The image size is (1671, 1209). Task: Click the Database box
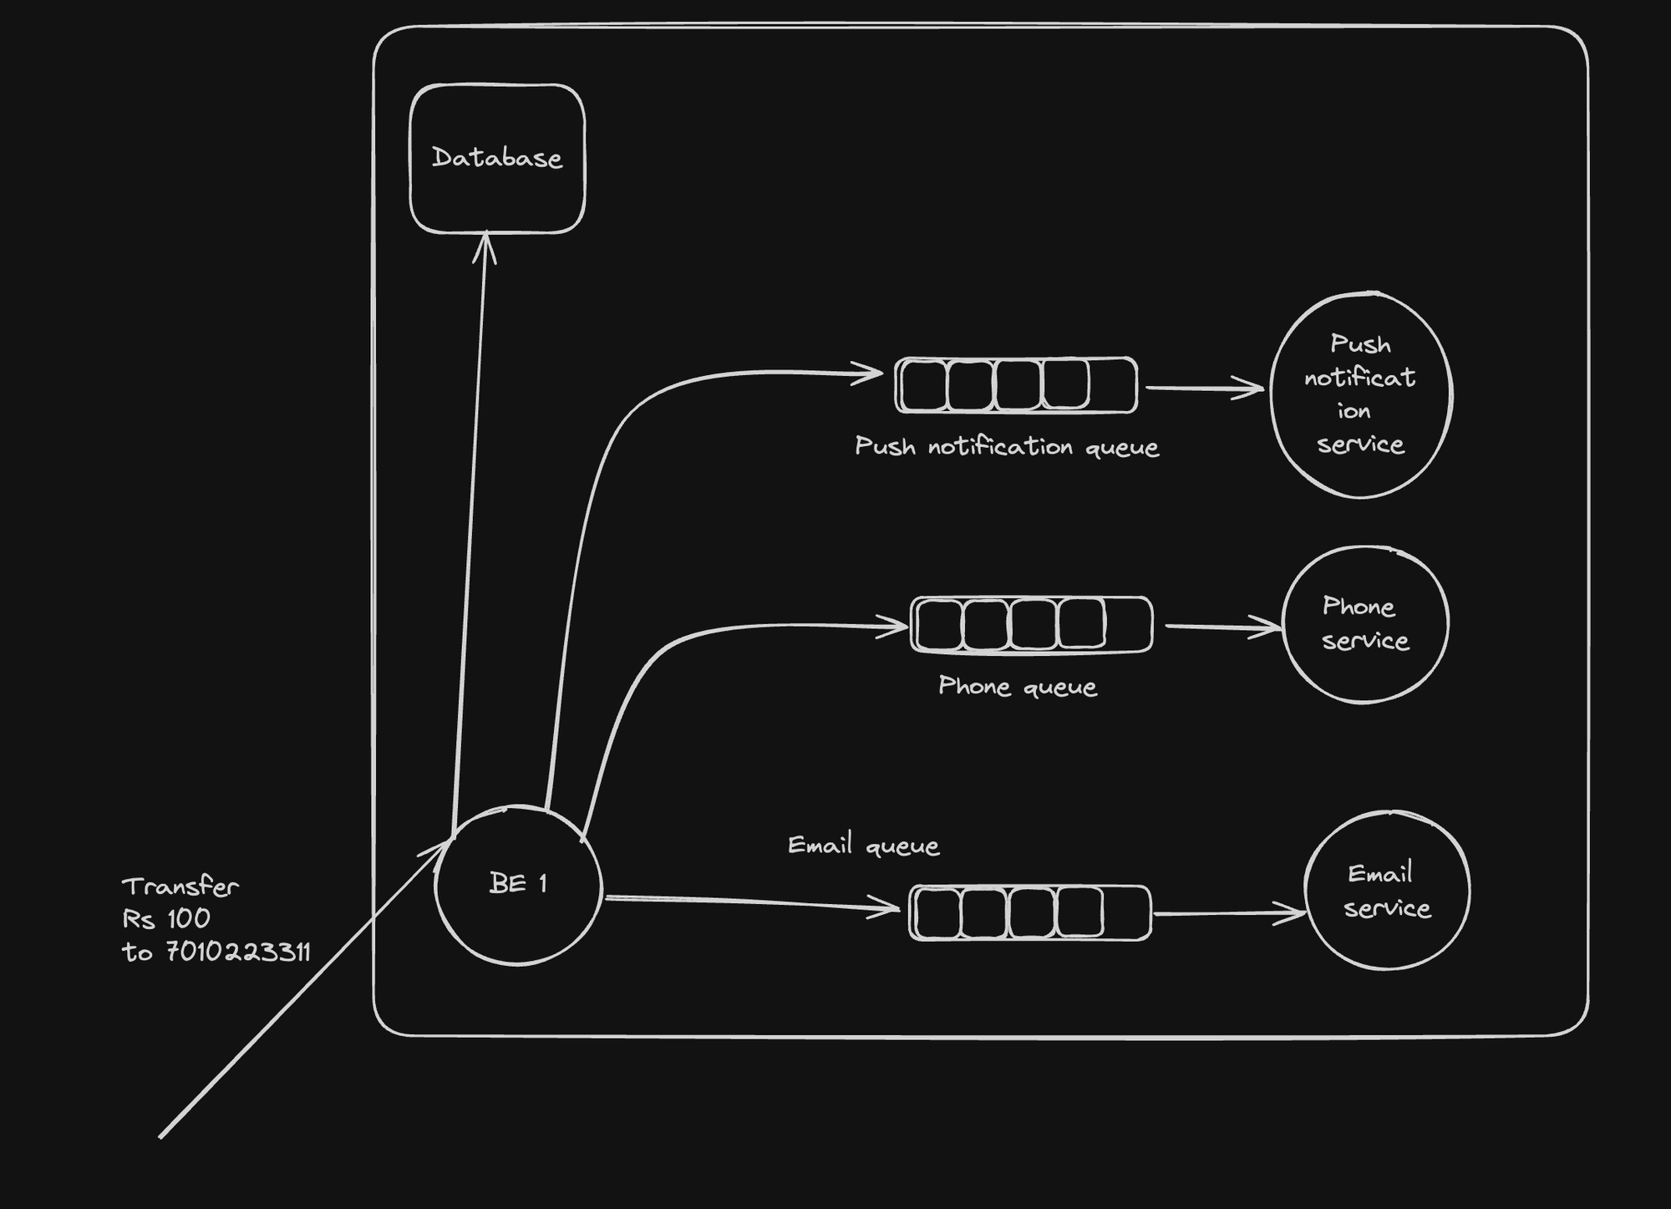point(497,159)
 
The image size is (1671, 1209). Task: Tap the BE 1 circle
point(518,885)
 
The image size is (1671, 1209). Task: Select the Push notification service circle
point(1360,394)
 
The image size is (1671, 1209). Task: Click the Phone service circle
point(1364,624)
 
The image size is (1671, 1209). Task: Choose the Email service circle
point(1387,891)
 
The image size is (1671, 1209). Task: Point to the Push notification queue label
point(1007,447)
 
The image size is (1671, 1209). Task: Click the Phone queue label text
point(1017,687)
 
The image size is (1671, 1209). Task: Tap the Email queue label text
point(863,846)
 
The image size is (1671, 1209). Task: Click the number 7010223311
point(238,952)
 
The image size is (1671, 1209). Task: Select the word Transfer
point(180,886)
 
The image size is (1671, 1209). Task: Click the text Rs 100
point(166,919)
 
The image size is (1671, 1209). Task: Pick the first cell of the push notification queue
point(923,385)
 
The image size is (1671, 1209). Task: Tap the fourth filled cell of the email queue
point(1079,912)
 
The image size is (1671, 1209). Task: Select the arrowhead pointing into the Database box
point(485,246)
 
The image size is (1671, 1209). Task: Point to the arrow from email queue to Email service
point(1228,913)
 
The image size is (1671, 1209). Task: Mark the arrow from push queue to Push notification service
point(1203,388)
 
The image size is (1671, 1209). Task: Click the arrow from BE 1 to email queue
point(752,902)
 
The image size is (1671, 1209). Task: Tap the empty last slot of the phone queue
point(1128,625)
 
